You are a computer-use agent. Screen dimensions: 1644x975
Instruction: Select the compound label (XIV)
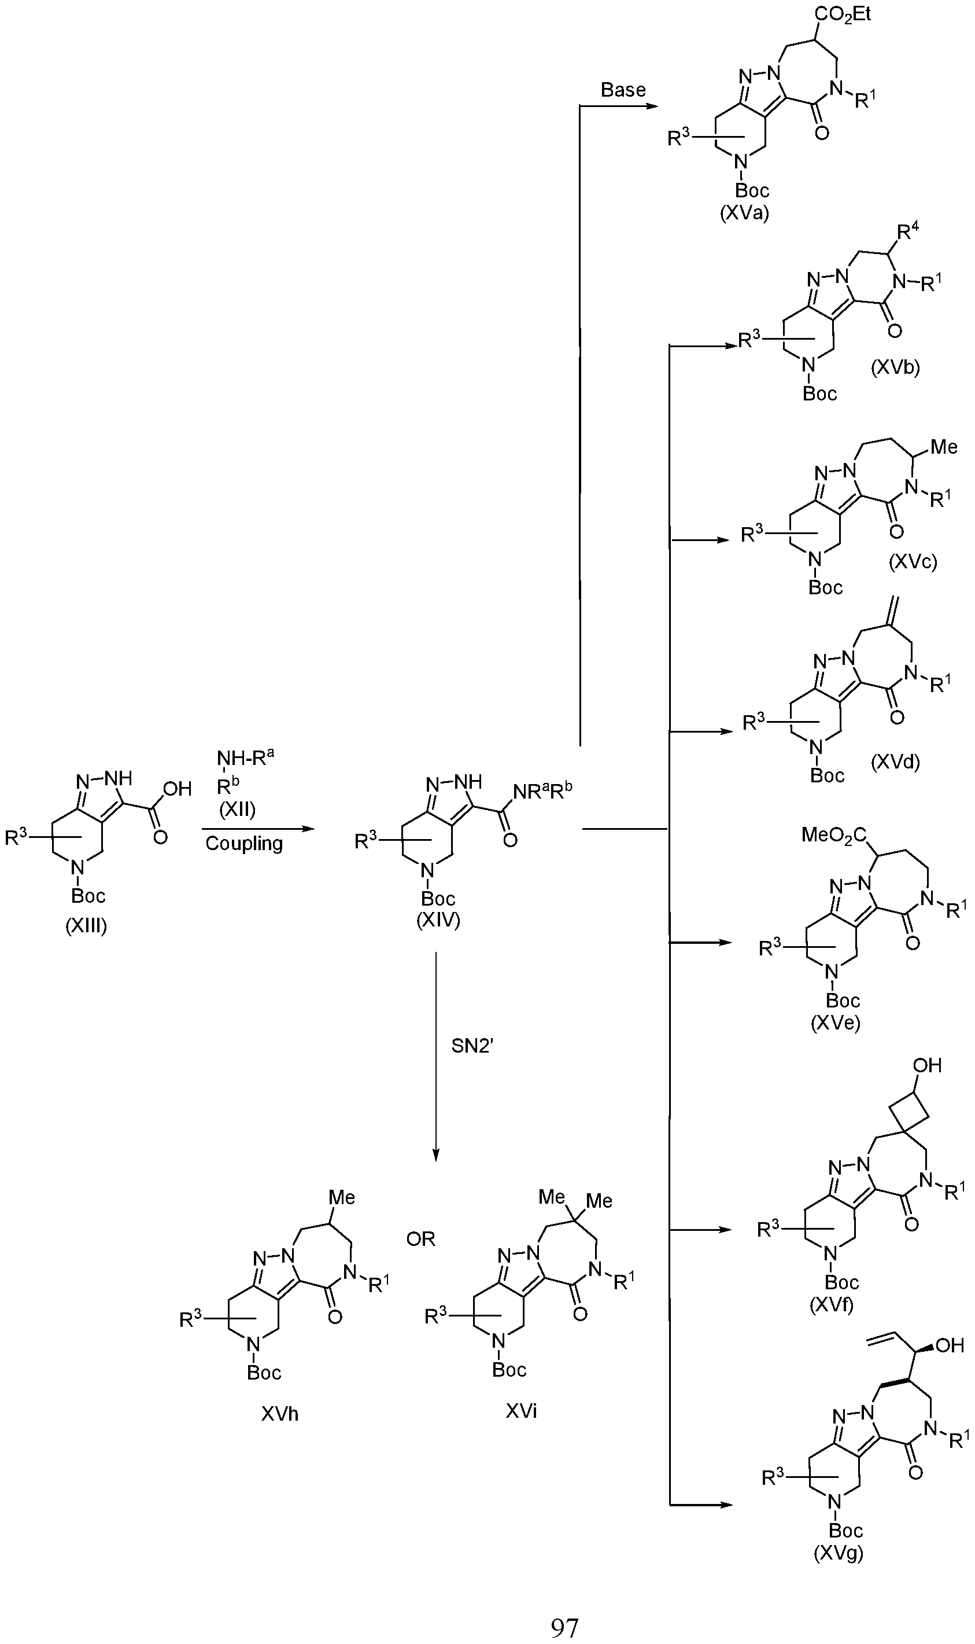(x=438, y=920)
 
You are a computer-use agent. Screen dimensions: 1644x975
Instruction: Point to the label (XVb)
(x=895, y=367)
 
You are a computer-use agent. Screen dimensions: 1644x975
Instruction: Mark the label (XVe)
(x=835, y=1023)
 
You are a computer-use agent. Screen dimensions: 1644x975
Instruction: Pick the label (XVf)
(x=831, y=1304)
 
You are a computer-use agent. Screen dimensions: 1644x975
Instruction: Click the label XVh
(x=279, y=1414)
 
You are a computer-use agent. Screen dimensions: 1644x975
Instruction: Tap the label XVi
(x=521, y=1411)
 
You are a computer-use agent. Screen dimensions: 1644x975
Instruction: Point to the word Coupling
(x=244, y=843)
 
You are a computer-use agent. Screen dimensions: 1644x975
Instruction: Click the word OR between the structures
(x=420, y=1239)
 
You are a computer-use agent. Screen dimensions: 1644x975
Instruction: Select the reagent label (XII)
(x=237, y=809)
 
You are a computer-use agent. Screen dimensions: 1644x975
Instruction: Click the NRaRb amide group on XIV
(x=542, y=792)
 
